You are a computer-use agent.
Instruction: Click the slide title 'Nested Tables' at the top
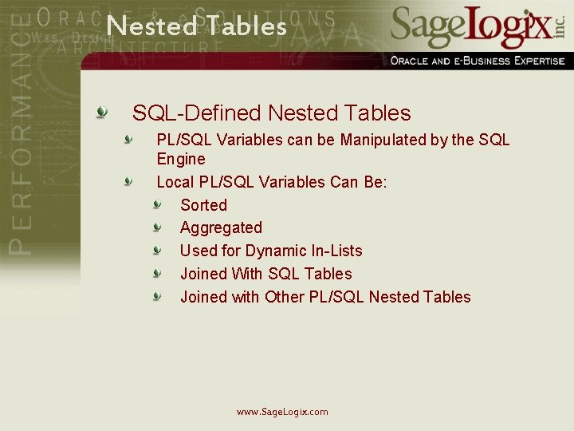196,26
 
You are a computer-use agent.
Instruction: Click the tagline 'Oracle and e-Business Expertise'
477,61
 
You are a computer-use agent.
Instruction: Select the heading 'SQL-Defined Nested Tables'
271,113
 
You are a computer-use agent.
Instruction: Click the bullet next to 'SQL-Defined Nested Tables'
101,112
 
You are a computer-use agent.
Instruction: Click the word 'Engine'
181,159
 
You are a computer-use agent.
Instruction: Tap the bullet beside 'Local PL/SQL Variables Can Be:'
128,181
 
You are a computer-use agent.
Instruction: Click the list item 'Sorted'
203,205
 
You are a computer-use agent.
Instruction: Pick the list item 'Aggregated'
221,228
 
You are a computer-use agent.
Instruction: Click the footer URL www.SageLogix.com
282,412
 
